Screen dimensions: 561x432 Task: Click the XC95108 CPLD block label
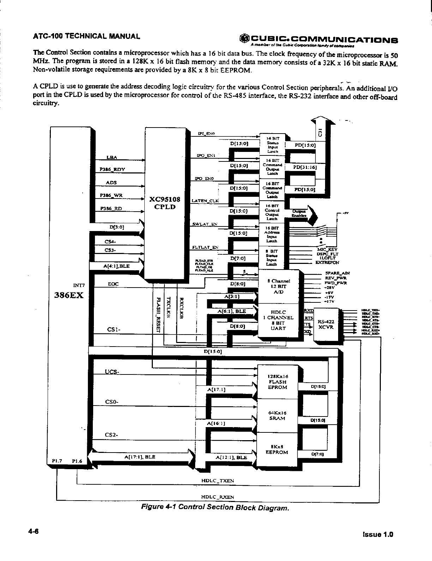tap(165, 203)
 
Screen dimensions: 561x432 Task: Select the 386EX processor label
tap(70, 295)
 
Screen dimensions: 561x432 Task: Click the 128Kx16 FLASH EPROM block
tap(278, 382)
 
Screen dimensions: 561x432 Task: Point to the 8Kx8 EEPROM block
tap(277, 449)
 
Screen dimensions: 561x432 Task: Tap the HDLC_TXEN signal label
tap(217, 481)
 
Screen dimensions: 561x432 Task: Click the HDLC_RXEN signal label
tap(217, 497)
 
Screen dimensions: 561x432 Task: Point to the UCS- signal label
tap(112, 371)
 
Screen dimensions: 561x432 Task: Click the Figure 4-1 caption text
tap(215, 508)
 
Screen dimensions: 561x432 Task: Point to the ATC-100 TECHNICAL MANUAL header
tap(86, 36)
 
